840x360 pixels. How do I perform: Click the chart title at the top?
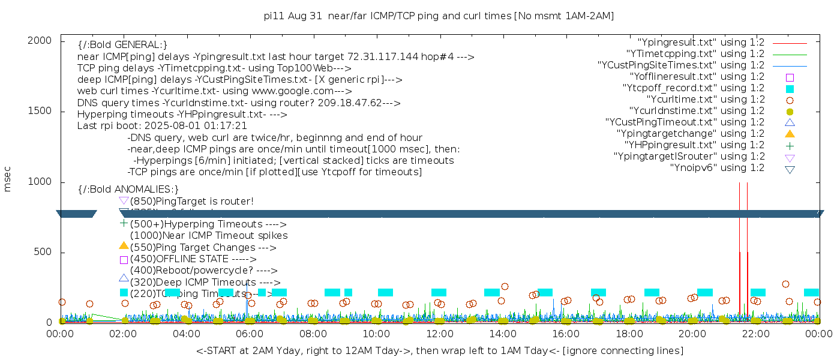tap(439, 16)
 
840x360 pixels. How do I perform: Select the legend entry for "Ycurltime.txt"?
tap(706, 100)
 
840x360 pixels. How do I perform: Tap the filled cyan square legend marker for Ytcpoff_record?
tap(790, 88)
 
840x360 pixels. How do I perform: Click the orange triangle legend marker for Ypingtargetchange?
tap(790, 133)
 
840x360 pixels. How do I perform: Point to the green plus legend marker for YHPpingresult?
tap(790, 145)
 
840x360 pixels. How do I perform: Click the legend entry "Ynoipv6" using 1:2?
tap(717, 168)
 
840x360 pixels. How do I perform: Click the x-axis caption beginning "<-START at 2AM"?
tap(439, 350)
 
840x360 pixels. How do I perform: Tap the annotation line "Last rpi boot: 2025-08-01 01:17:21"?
tap(162, 126)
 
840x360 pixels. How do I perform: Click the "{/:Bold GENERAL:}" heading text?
tap(122, 45)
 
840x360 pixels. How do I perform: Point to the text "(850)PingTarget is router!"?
tap(191, 201)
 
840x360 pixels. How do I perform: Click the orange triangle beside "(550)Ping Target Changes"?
tap(124, 245)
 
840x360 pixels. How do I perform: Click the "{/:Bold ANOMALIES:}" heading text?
tap(128, 190)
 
